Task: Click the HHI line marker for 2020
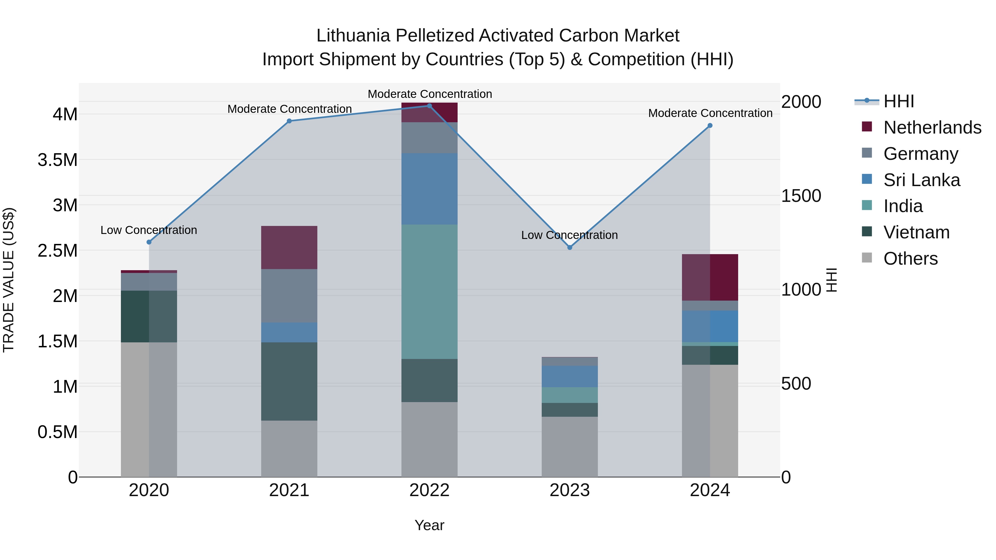click(149, 242)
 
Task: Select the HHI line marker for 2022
click(429, 106)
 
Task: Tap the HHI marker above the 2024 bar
click(710, 126)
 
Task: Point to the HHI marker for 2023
click(570, 247)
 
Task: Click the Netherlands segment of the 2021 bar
click(289, 247)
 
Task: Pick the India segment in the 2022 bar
click(429, 292)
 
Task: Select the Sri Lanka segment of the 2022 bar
click(429, 189)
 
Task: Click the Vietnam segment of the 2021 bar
click(289, 381)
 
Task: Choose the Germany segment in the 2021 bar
click(289, 296)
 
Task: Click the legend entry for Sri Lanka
click(921, 180)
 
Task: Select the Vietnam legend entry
click(916, 232)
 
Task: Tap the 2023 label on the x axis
click(570, 490)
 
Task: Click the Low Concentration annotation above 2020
click(149, 230)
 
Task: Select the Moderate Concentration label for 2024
click(710, 113)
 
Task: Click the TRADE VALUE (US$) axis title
click(9, 280)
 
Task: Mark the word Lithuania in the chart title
click(353, 36)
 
